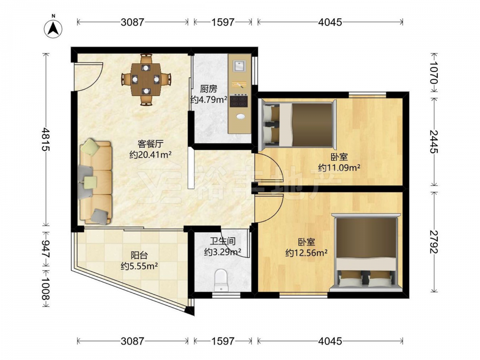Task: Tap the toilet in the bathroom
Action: (221, 280)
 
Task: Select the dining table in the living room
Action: (146, 79)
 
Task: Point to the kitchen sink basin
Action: (239, 66)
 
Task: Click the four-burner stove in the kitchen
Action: (239, 101)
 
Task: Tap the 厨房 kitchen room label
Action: (208, 89)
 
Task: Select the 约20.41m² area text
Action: (150, 155)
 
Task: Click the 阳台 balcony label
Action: (139, 255)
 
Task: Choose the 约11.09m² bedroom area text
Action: (339, 168)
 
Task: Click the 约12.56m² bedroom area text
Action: (306, 253)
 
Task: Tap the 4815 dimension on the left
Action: (46, 139)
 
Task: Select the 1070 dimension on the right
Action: (434, 72)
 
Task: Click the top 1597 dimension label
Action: (223, 22)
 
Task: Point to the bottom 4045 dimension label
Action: (330, 341)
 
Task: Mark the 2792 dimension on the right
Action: (434, 242)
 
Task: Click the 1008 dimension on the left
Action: (46, 288)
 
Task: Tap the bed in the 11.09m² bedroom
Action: (297, 123)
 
